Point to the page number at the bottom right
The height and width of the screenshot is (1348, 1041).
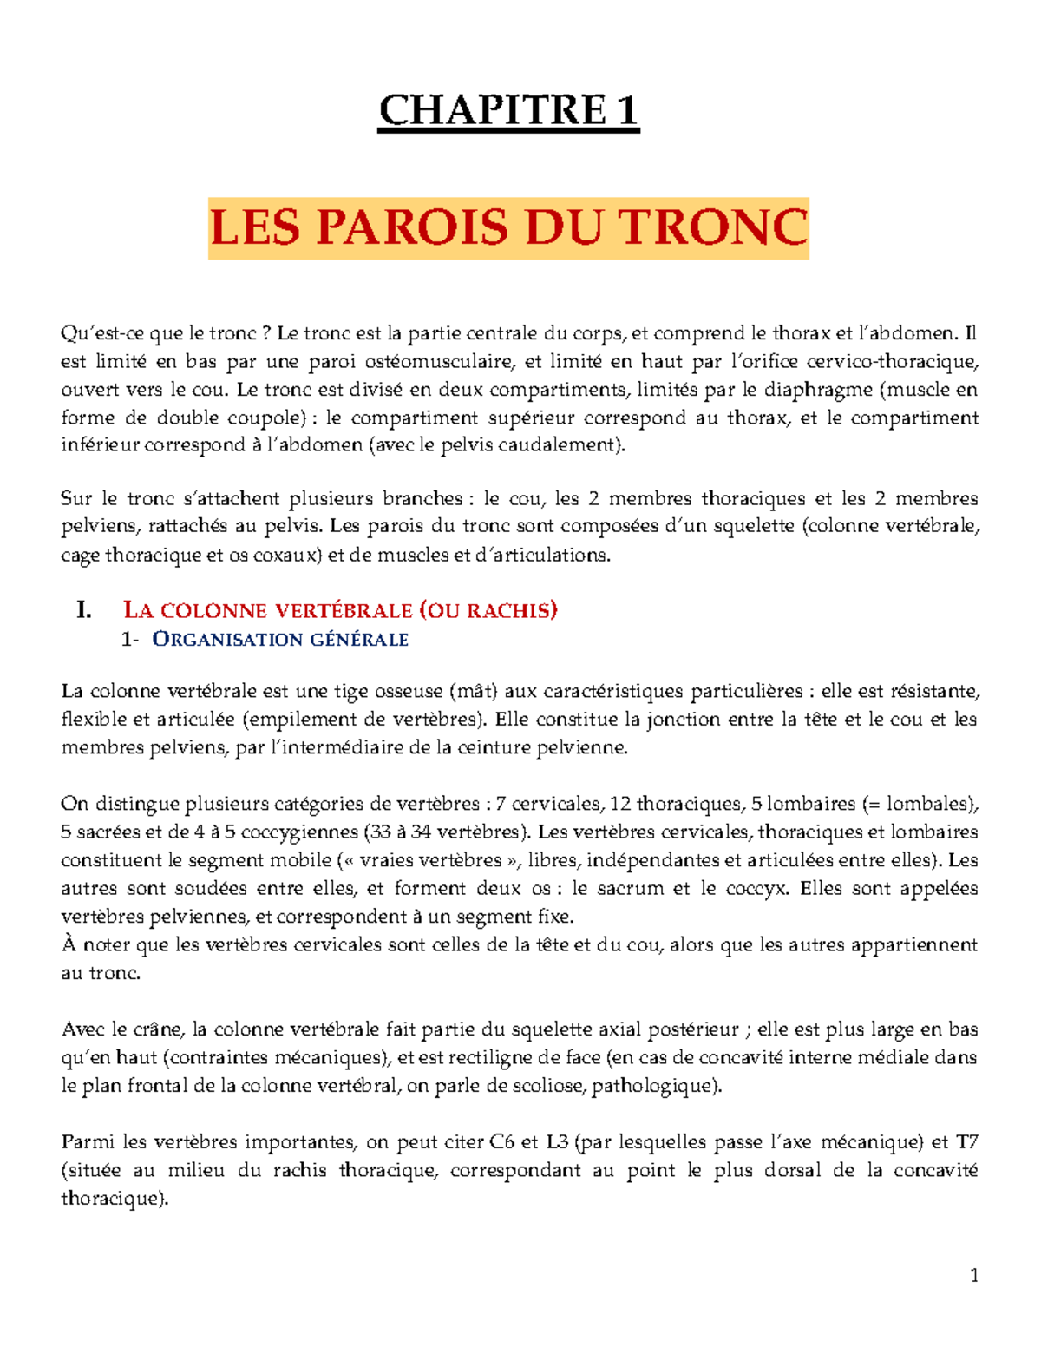(x=973, y=1275)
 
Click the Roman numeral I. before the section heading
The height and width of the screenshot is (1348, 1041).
(x=83, y=610)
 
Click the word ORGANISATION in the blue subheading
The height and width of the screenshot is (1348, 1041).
(x=219, y=640)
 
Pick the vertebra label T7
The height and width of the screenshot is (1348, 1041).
(x=966, y=1142)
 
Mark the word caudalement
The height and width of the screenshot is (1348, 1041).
(x=567, y=445)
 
